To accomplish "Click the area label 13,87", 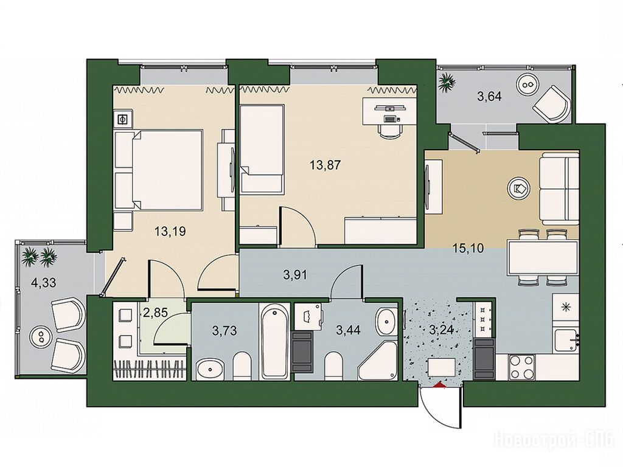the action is coord(325,165).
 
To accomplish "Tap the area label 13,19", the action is coord(170,231).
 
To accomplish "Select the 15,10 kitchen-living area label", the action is coord(468,249).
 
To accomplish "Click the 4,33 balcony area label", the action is coord(43,283).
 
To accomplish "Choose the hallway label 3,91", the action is coord(295,275).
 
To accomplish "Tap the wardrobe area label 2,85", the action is coord(155,313).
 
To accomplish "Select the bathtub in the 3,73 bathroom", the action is coord(274,341).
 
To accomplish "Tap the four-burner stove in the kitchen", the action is coord(522,367).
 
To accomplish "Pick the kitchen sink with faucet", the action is coord(567,341).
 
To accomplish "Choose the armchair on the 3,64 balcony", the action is coord(552,105).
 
